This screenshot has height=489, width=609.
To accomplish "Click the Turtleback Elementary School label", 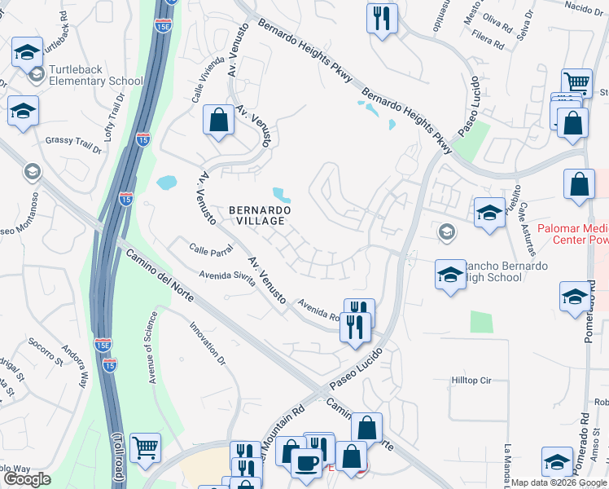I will click(x=95, y=75).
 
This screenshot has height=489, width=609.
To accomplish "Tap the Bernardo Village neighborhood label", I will click(x=257, y=214).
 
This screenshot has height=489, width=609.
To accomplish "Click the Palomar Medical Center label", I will click(x=569, y=234).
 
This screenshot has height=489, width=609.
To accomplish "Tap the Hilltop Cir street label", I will click(x=472, y=381).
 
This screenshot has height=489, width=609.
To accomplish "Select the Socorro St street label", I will click(x=45, y=351).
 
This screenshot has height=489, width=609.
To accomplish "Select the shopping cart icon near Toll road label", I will click(x=145, y=447).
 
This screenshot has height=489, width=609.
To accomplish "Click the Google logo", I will click(x=27, y=479).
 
